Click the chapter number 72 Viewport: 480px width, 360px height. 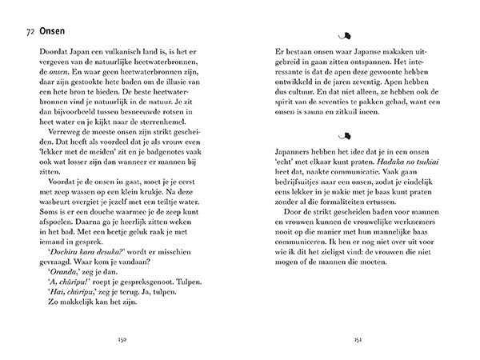tap(30, 34)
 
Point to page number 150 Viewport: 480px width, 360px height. tap(125, 338)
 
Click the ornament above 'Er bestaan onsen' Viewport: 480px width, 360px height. tap(347, 34)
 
